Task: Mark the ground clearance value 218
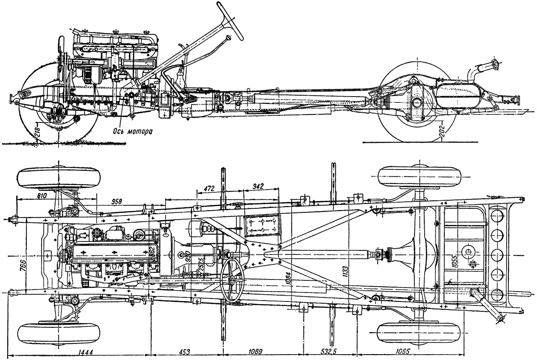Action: [x=38, y=133]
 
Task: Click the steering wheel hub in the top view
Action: [x=232, y=280]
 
